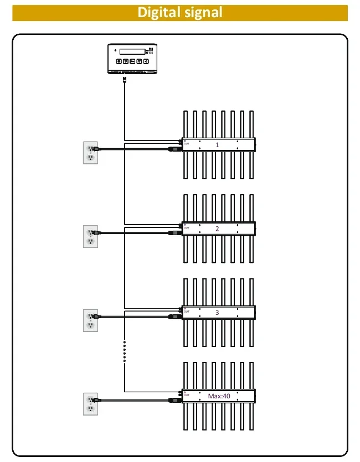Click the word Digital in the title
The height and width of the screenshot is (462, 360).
(161, 12)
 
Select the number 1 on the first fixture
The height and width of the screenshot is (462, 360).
(217, 145)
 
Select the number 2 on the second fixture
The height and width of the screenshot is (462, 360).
(217, 229)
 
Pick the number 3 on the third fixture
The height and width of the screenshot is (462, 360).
(217, 312)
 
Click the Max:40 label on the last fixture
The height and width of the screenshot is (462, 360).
(219, 396)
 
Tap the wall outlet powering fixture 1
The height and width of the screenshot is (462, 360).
(90, 153)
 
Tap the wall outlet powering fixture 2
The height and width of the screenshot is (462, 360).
(90, 236)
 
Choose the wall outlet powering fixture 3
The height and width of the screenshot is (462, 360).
(90, 320)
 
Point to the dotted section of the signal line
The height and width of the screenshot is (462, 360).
(125, 351)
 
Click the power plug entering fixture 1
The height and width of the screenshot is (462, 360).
(176, 149)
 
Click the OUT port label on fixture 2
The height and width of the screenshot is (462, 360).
(187, 227)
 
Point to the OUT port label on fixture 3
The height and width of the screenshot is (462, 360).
(187, 312)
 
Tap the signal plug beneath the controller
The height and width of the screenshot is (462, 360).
(125, 80)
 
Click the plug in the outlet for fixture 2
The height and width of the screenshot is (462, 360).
(96, 232)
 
